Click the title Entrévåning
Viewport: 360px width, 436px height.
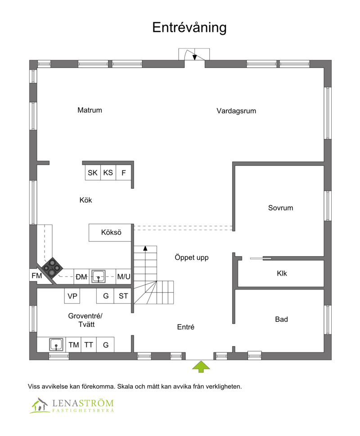(x=189, y=27)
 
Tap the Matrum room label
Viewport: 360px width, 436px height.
(x=90, y=110)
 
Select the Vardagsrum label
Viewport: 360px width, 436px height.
(x=236, y=111)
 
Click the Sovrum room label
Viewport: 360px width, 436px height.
(x=280, y=208)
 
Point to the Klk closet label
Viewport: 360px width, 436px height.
(x=282, y=273)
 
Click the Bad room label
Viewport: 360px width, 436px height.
(x=281, y=320)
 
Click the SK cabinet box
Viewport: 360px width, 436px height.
(x=93, y=173)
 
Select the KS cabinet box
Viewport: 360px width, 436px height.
(x=108, y=173)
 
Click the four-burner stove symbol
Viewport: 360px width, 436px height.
(x=53, y=267)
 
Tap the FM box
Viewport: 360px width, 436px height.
(x=37, y=276)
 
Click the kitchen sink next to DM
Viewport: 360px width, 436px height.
(x=98, y=276)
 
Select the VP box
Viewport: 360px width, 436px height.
(x=72, y=296)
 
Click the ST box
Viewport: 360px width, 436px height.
(x=123, y=296)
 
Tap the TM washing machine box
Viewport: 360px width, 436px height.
(x=74, y=345)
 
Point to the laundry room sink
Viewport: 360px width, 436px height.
(x=56, y=345)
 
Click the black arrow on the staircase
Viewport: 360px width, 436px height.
(x=145, y=248)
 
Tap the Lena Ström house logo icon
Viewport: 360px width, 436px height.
(x=40, y=405)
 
